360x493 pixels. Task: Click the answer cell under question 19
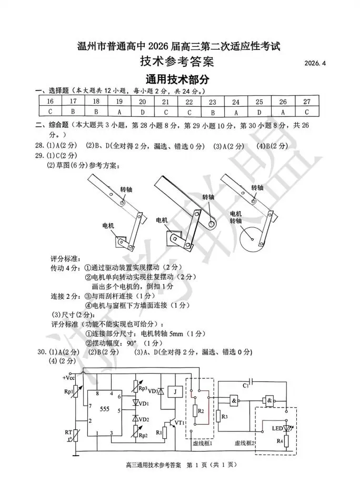pos(119,112)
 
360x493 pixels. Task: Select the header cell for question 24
pos(236,102)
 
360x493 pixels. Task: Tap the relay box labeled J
pos(177,391)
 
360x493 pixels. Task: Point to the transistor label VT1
pos(179,422)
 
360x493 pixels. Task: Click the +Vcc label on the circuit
pos(69,378)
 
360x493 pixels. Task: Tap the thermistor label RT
pos(68,432)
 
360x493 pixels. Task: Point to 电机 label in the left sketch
pos(109,225)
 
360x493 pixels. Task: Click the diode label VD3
pos(153,391)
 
